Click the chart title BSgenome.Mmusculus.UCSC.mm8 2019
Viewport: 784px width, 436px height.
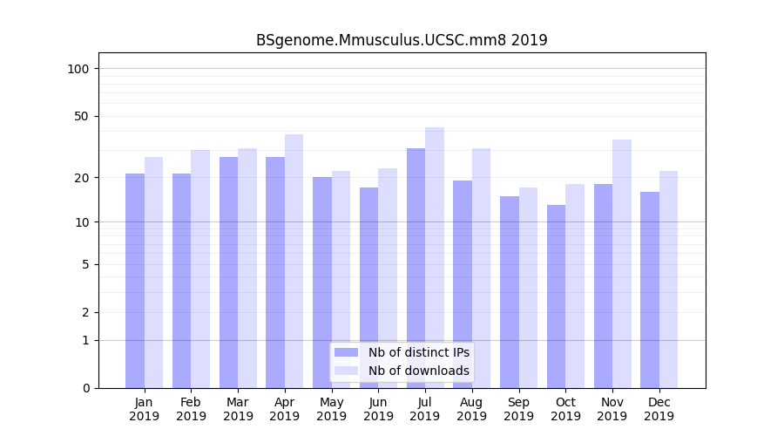[x=402, y=41]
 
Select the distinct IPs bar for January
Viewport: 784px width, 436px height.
[x=135, y=281]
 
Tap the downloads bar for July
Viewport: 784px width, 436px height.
[x=434, y=257]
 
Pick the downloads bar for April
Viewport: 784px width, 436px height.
[x=294, y=261]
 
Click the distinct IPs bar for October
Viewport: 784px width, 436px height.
[x=556, y=296]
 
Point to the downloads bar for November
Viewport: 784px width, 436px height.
[x=621, y=263]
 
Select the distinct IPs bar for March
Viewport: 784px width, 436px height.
[x=228, y=272]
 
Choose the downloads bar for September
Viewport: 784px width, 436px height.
[x=528, y=288]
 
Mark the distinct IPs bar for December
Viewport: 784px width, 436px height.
[x=649, y=290]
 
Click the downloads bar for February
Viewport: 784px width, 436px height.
[x=200, y=269]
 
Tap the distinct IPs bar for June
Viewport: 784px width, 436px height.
[x=368, y=288]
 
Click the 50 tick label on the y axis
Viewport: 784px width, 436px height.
[x=82, y=116]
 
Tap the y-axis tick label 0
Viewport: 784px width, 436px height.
[x=85, y=388]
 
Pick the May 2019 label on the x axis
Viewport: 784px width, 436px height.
[x=331, y=409]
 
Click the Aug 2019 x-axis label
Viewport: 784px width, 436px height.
[x=471, y=409]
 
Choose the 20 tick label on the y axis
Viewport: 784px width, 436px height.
[x=82, y=178]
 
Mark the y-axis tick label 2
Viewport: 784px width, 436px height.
[x=85, y=312]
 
